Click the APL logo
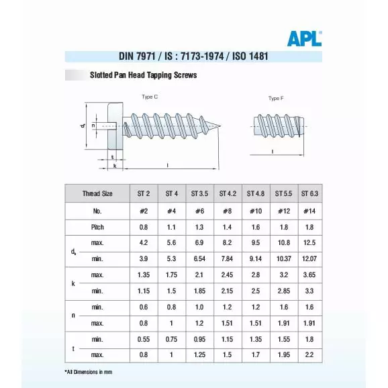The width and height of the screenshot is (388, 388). [x=304, y=38]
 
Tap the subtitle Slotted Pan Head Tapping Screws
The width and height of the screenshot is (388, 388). [x=143, y=75]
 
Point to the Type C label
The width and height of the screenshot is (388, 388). [x=150, y=97]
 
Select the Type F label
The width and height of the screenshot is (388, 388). [x=275, y=99]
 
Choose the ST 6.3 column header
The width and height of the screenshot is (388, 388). [x=310, y=193]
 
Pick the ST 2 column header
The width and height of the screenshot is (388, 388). [x=143, y=193]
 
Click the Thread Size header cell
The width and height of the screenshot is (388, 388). [x=97, y=193]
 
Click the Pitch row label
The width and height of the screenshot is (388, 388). [x=97, y=227]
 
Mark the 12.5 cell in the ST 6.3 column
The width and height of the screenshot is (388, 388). [x=310, y=242]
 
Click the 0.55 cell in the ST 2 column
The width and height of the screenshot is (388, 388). [x=143, y=340]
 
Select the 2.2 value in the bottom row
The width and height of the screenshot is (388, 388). [x=310, y=354]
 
